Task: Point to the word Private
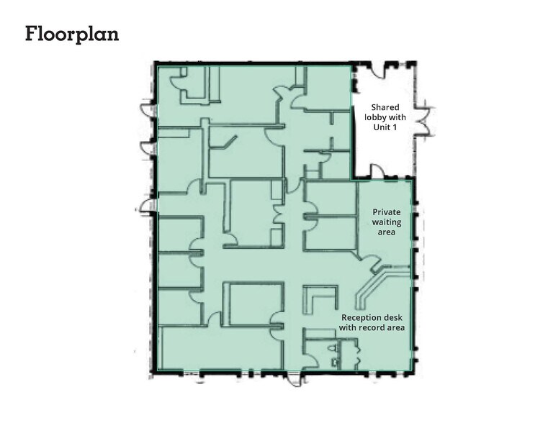point(385,212)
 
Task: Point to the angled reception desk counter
point(369,288)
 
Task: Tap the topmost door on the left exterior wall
point(149,109)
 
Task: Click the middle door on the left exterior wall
point(149,147)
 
